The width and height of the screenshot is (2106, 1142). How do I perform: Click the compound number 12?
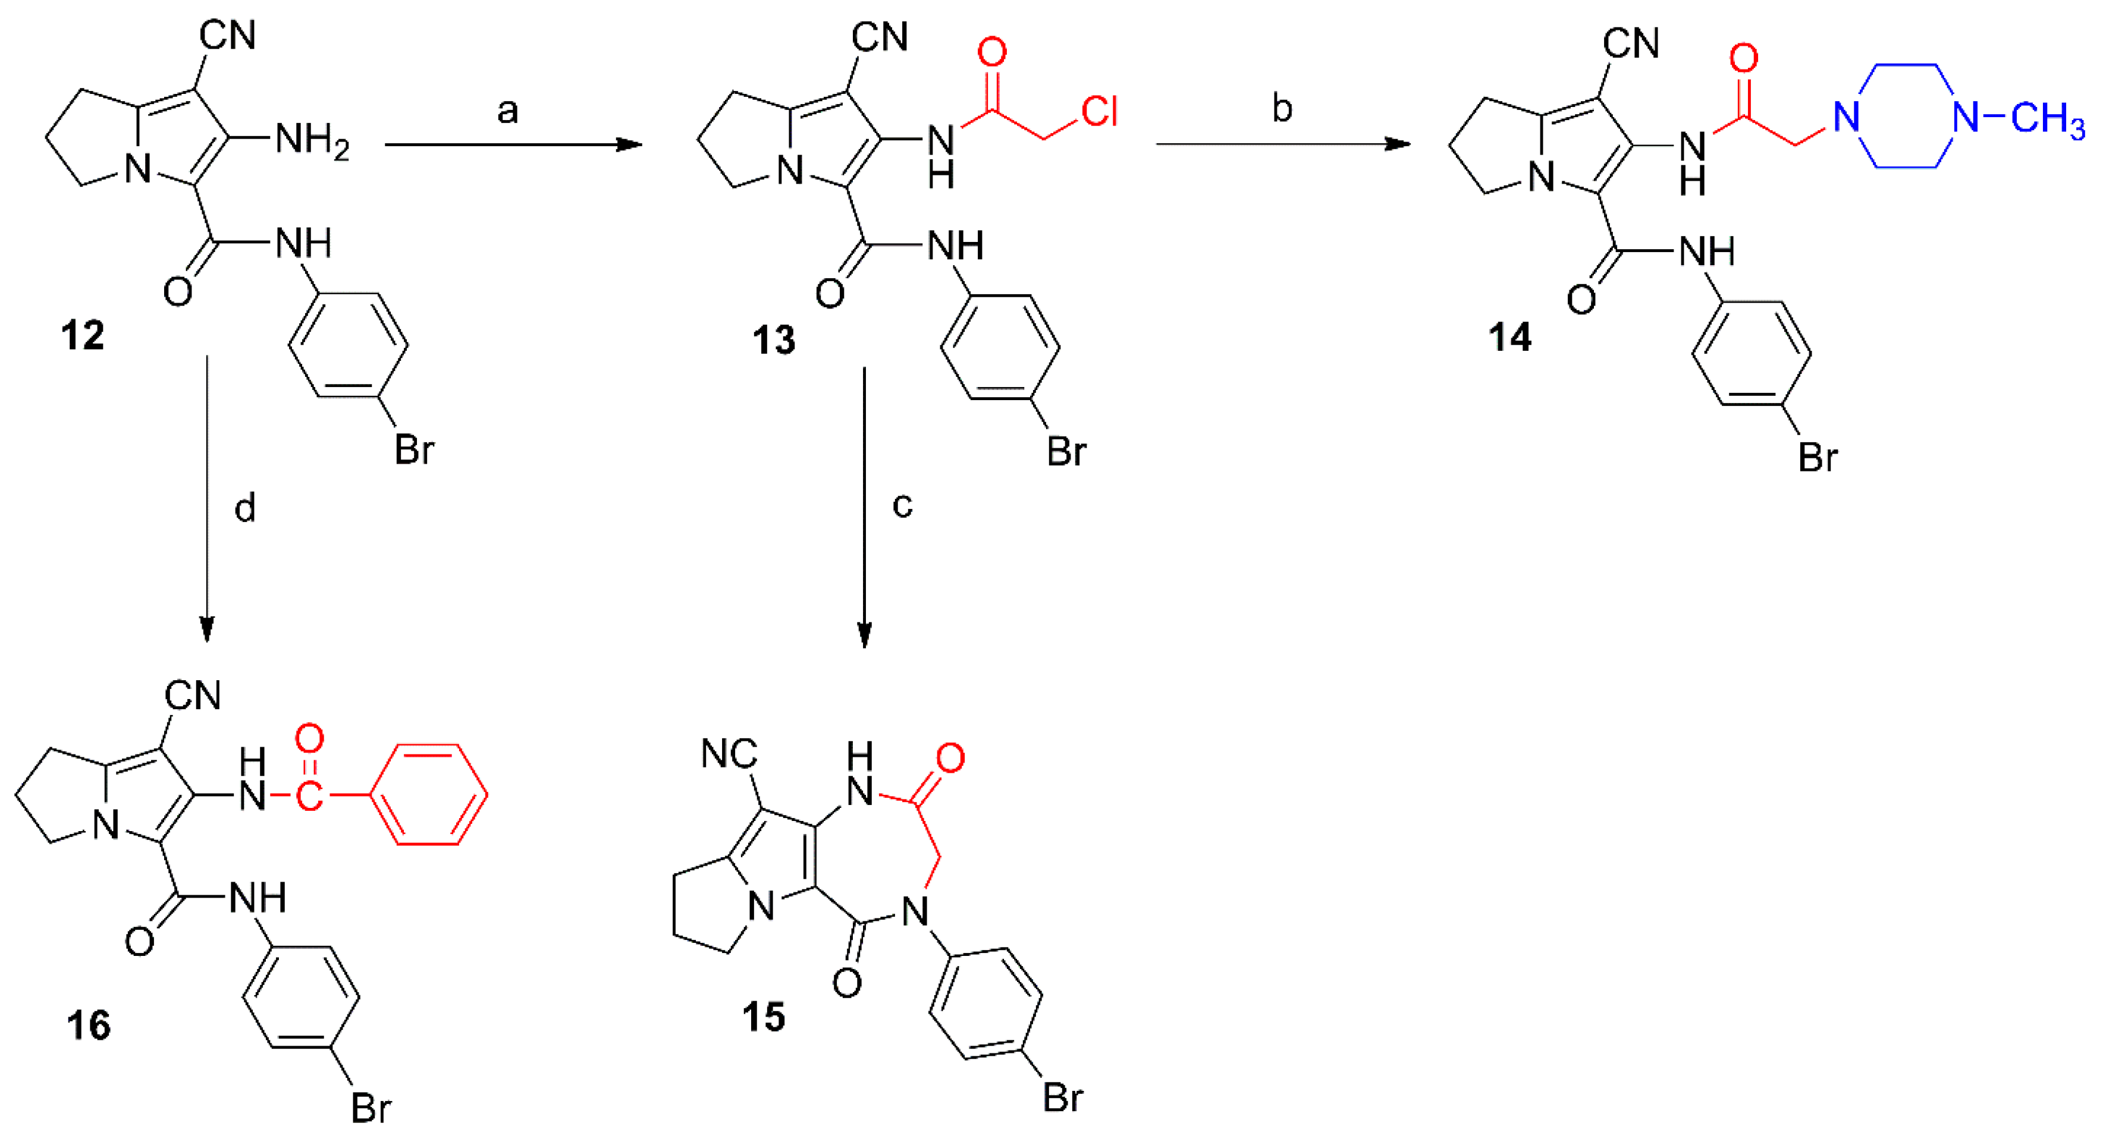click(x=83, y=336)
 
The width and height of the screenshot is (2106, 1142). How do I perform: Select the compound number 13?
click(x=773, y=340)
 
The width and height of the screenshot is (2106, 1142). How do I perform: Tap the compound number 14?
click(x=1509, y=337)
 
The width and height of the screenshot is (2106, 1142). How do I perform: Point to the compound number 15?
click(x=763, y=1018)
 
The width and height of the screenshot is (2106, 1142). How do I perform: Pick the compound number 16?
click(x=88, y=1025)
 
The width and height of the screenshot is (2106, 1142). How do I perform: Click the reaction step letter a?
click(x=508, y=111)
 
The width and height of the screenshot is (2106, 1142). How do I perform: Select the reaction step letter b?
click(x=1282, y=109)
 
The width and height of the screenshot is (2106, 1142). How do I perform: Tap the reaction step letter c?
click(x=902, y=505)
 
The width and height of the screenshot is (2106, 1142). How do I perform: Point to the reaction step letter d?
click(x=244, y=508)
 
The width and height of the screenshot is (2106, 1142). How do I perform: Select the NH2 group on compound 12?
click(x=312, y=140)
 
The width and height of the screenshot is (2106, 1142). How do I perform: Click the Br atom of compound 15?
click(x=1063, y=1097)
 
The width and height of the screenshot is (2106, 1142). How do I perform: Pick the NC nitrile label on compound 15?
click(x=729, y=754)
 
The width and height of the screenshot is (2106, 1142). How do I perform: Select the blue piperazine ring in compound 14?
click(x=1906, y=116)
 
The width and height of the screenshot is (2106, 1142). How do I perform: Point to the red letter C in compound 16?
click(x=309, y=794)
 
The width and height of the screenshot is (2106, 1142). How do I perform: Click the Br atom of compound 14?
click(x=1818, y=457)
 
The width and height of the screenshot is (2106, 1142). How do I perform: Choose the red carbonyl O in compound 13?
click(x=991, y=52)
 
